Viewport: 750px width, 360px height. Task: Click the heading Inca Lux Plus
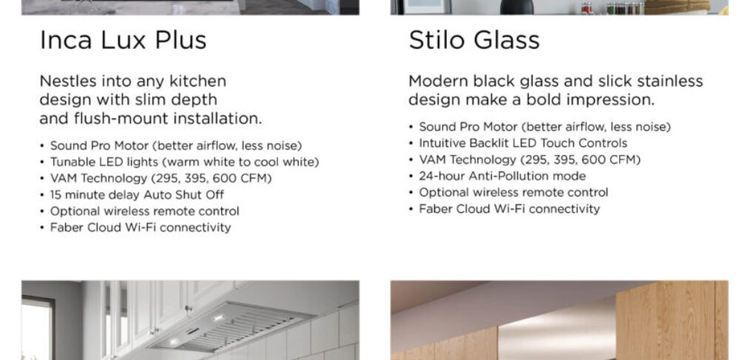click(x=123, y=40)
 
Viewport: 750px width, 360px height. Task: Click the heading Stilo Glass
click(x=474, y=40)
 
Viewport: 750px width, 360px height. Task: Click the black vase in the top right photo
click(x=516, y=7)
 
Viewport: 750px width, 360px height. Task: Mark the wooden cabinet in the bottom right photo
click(x=672, y=320)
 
